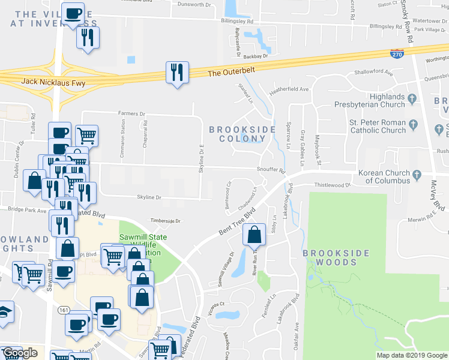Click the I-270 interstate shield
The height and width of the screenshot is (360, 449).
pos(397,53)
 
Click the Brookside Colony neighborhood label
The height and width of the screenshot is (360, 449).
pos(242,134)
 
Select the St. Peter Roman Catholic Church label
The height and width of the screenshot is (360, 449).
pos(378,126)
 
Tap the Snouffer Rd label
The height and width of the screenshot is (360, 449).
pos(271,170)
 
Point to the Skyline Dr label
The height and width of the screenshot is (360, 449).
pos(149,197)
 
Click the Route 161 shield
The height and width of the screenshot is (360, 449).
pos(64,310)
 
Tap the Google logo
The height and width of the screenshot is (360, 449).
pos(19,353)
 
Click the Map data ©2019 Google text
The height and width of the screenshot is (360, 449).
pos(412,355)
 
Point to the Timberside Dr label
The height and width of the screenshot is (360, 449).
pos(165,221)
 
